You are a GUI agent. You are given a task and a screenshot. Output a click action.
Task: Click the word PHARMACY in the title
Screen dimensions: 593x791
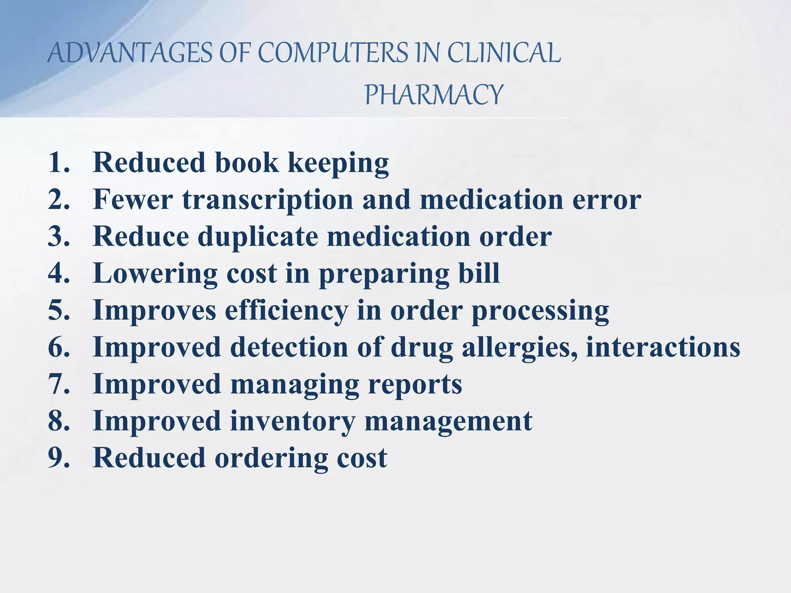click(434, 95)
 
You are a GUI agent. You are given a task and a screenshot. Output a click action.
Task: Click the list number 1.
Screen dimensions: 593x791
click(58, 163)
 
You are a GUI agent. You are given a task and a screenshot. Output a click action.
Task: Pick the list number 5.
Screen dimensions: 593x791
click(58, 310)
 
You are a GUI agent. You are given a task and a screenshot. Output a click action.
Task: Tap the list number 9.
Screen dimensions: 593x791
click(58, 457)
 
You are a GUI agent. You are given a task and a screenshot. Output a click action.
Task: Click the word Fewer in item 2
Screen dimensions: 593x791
click(133, 200)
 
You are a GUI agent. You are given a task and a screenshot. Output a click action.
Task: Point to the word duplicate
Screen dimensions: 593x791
click(258, 236)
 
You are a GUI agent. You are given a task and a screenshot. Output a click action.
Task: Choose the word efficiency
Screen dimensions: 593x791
click(286, 310)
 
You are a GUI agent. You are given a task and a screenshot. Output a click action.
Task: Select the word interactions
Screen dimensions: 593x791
click(663, 347)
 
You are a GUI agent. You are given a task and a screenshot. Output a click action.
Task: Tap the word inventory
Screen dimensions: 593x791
click(293, 421)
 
